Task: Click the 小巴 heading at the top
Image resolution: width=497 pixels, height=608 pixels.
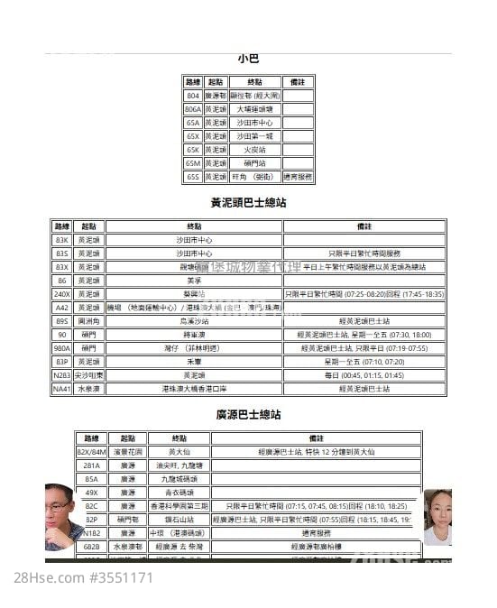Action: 248,59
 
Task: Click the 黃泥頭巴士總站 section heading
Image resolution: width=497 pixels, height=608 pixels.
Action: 248,203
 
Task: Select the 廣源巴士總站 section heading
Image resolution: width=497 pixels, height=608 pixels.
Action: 248,415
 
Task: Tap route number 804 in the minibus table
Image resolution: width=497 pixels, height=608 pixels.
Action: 193,96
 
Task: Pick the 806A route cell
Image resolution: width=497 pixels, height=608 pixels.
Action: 193,109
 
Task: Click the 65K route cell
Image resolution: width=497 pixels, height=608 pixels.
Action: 193,150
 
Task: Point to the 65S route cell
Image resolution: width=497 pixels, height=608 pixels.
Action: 193,177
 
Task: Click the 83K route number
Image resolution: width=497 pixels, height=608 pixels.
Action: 62,240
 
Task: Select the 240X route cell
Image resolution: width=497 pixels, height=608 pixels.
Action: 62,294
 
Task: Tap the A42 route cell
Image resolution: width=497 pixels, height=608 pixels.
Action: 62,308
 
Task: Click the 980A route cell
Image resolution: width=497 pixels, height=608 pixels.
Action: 62,347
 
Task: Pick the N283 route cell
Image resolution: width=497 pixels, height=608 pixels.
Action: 62,374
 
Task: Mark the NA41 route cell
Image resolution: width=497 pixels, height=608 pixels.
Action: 62,388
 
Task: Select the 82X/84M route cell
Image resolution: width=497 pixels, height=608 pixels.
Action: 91,452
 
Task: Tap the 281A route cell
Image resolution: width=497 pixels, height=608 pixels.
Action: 91,465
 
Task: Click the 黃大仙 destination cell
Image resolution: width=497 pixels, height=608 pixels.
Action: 179,452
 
